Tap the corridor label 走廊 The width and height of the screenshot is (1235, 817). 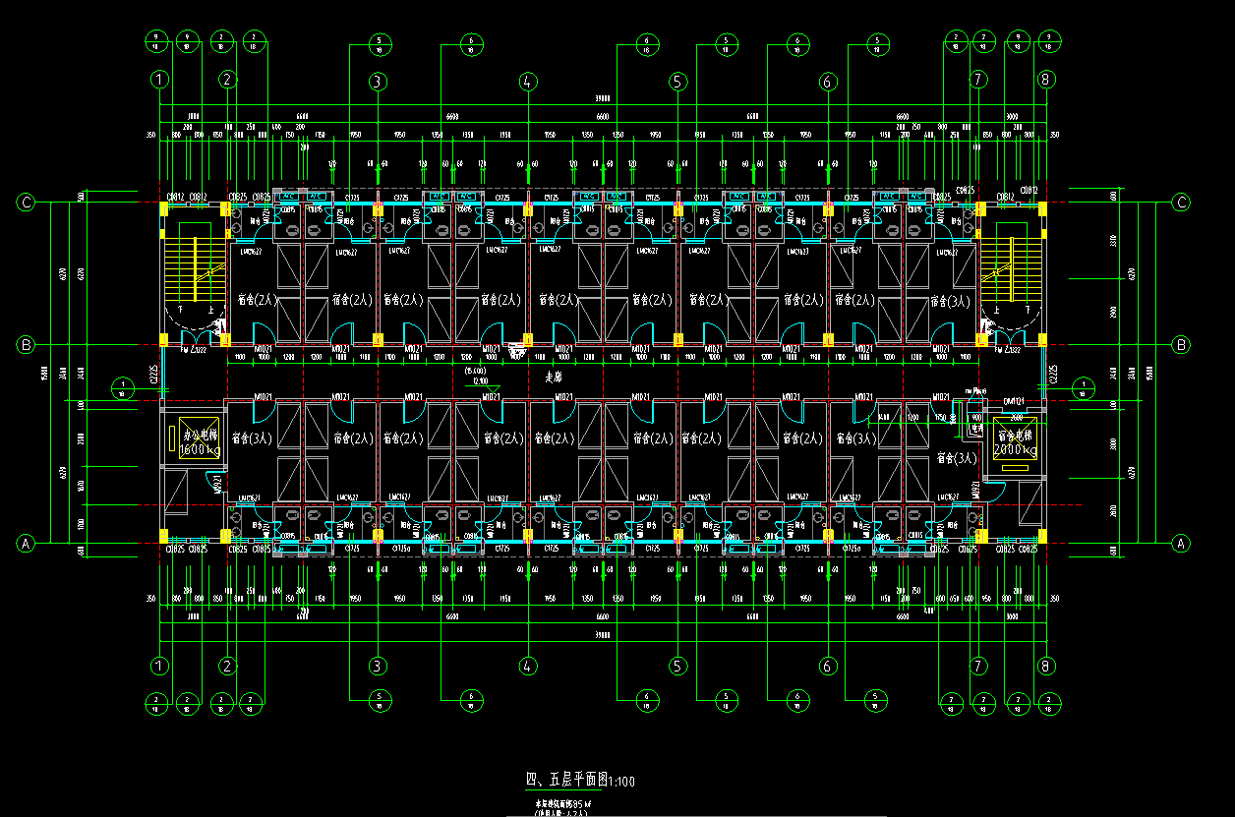pos(556,377)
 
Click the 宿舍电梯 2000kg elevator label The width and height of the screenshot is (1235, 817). pos(1016,441)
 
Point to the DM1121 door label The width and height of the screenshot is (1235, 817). pos(1014,401)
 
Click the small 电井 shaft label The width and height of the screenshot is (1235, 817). pos(975,390)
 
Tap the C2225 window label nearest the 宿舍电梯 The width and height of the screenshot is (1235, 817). pos(1052,374)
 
